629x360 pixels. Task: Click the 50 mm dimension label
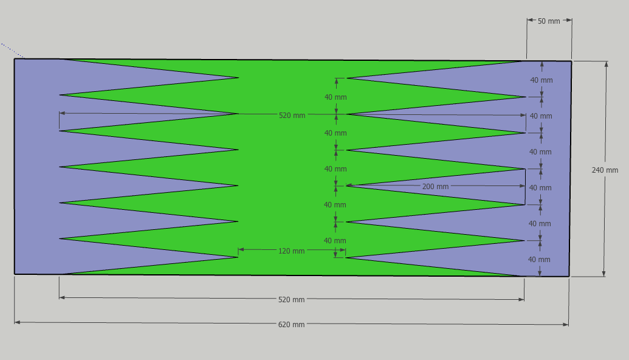(x=549, y=21)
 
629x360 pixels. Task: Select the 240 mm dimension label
(x=605, y=170)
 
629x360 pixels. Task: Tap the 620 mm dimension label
(x=291, y=324)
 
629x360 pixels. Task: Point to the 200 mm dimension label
(x=435, y=186)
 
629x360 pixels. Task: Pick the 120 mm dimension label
(x=291, y=251)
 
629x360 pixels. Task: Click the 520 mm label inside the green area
(x=292, y=115)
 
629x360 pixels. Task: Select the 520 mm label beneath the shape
(x=291, y=299)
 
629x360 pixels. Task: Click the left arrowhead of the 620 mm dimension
(x=17, y=322)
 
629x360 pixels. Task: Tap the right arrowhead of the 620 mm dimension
(x=566, y=324)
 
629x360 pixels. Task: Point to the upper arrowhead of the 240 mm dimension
(x=606, y=64)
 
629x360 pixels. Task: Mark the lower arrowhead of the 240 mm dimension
(x=603, y=274)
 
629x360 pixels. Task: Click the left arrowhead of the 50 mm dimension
(x=530, y=19)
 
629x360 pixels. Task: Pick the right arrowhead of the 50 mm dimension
(x=569, y=20)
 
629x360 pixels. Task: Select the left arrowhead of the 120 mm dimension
(x=241, y=250)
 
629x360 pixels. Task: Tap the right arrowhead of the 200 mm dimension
(x=522, y=186)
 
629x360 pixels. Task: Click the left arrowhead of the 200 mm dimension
(x=349, y=185)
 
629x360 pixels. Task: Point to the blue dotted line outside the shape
(x=12, y=50)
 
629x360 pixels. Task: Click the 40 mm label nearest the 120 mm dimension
(x=335, y=241)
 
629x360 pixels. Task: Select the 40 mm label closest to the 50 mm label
(x=541, y=80)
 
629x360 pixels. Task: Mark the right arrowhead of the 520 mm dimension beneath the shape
(x=521, y=299)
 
